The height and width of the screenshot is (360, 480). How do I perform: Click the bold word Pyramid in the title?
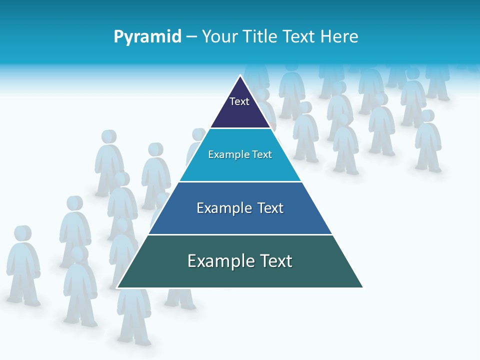(147, 37)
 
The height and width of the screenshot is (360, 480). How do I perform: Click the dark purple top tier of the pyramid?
(240, 112)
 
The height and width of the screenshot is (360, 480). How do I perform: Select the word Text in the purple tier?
(239, 101)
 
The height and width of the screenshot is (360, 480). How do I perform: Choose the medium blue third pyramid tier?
(240, 220)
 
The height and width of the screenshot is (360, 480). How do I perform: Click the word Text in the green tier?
(274, 261)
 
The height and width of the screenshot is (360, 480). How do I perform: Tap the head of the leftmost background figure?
(22, 233)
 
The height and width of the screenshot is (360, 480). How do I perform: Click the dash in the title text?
(191, 37)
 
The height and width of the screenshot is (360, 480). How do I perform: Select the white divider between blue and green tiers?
(240, 234)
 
